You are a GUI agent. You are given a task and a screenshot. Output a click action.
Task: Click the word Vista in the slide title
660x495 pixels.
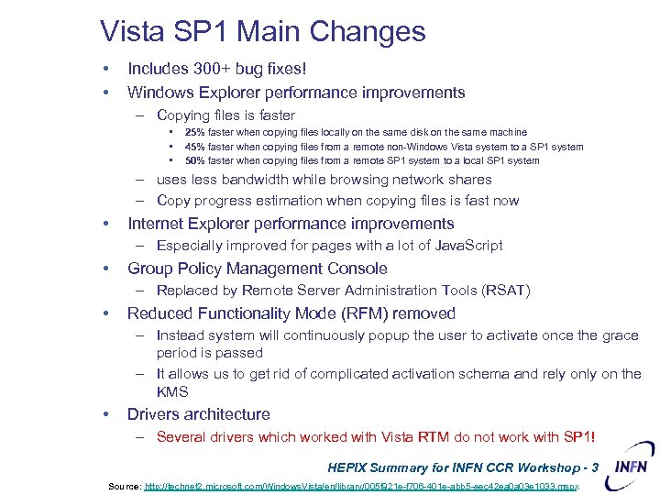[135, 32]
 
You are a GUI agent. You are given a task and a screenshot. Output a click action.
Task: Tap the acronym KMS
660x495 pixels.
[171, 392]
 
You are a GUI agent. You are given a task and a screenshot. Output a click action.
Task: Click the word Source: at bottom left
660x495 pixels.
[124, 486]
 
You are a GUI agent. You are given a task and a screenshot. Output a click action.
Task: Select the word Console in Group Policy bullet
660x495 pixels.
[358, 269]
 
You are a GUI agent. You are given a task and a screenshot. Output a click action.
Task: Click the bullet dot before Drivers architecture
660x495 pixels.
[108, 414]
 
